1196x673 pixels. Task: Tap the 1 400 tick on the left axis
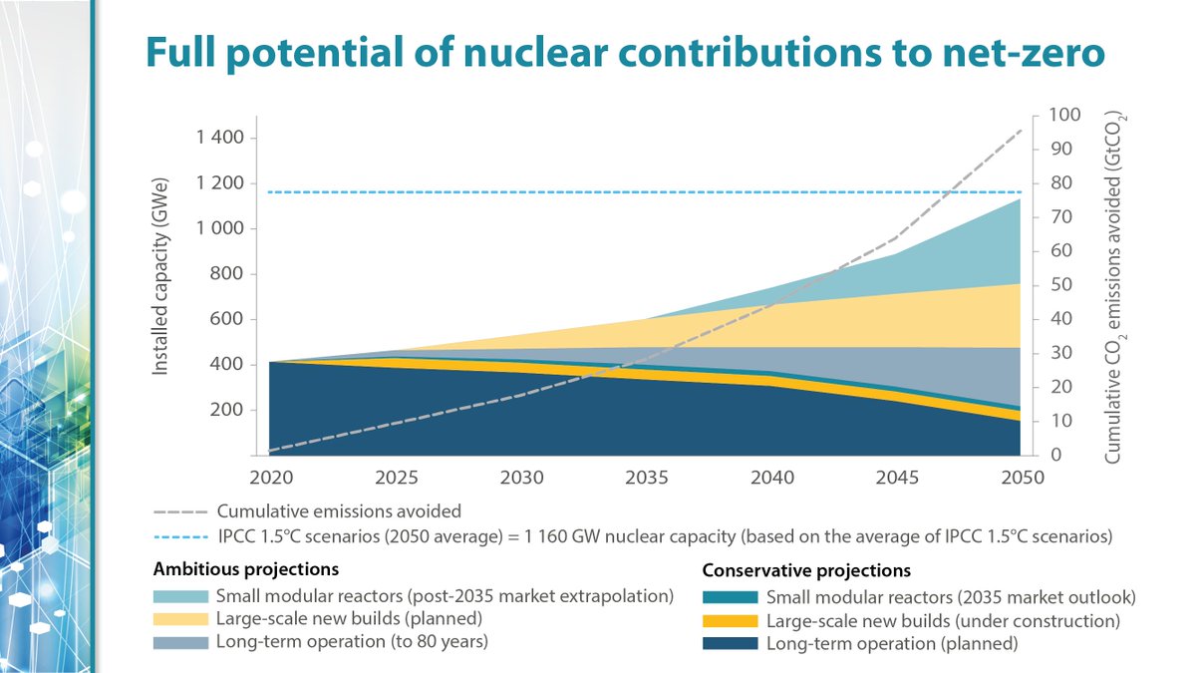pyautogui.click(x=217, y=138)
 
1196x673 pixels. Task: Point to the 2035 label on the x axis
pyautogui.click(x=647, y=478)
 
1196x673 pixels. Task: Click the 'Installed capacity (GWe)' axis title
pyautogui.click(x=159, y=277)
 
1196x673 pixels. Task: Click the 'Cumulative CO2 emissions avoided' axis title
pyautogui.click(x=1113, y=288)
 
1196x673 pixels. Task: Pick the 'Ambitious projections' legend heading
pyautogui.click(x=245, y=570)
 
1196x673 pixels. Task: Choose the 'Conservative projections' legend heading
pyautogui.click(x=805, y=571)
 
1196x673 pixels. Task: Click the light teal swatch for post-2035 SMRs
pyautogui.click(x=180, y=597)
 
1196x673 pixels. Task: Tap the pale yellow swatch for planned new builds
pyautogui.click(x=180, y=619)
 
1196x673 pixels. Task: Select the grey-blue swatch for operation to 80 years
pyautogui.click(x=180, y=641)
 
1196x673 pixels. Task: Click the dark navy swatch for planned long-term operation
pyautogui.click(x=732, y=643)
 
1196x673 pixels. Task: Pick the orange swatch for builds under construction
pyautogui.click(x=732, y=621)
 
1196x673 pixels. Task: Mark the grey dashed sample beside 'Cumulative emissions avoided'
pyautogui.click(x=179, y=511)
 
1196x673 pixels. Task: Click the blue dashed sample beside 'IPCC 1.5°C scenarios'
pyautogui.click(x=179, y=536)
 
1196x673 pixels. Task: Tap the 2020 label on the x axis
pyautogui.click(x=270, y=478)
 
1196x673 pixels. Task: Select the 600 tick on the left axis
pyautogui.click(x=224, y=319)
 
